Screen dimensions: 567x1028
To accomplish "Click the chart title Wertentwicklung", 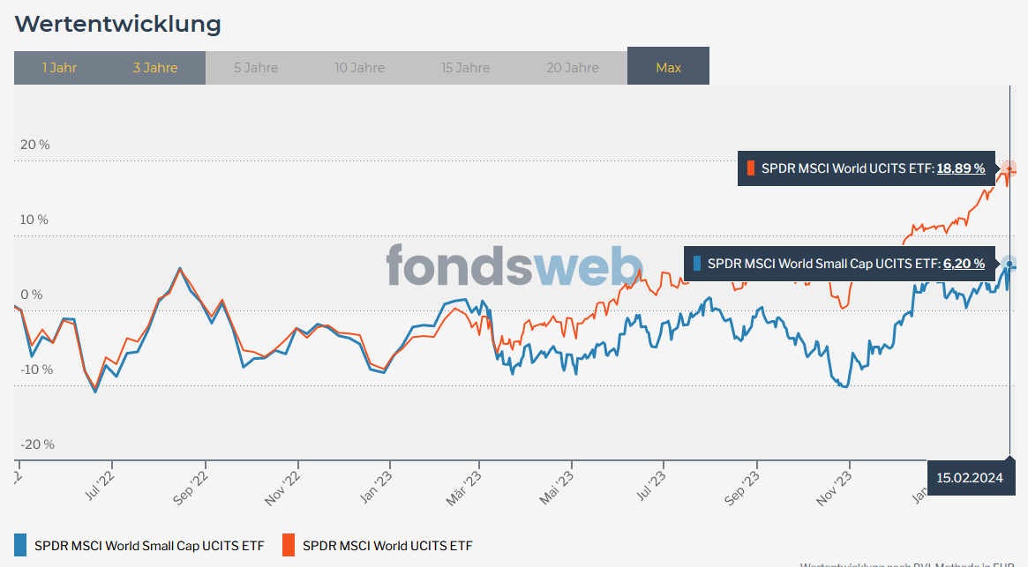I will [117, 24].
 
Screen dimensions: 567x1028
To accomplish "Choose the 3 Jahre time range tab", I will [155, 68].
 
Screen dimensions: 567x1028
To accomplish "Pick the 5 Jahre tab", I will [256, 68].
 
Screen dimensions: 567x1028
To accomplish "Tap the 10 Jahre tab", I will [359, 68].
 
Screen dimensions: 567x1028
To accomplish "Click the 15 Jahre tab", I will [465, 68].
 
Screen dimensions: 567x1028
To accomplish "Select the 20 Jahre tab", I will [573, 68].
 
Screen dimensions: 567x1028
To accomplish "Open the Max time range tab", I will [668, 68].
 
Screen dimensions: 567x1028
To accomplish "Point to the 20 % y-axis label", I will [35, 145].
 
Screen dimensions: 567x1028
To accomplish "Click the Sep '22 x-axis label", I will [191, 487].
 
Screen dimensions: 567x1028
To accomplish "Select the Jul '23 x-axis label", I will [650, 487].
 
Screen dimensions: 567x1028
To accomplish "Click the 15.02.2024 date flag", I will [971, 478].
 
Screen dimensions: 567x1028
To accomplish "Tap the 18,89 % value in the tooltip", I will [960, 168].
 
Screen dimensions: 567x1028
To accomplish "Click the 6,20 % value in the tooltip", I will [964, 263].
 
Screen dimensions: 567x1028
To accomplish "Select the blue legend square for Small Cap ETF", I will [21, 545].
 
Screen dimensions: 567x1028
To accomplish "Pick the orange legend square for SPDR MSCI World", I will [289, 545].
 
